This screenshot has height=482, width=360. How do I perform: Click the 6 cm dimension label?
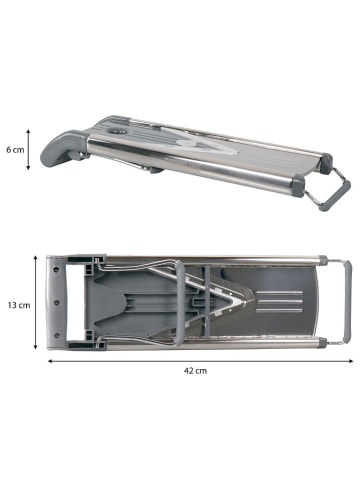[15, 150]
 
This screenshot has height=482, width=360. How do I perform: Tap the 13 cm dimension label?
[19, 305]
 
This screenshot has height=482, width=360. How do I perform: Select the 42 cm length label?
[195, 371]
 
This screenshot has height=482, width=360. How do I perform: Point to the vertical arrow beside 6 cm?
[28, 150]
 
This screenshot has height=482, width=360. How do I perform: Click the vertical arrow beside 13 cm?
[36, 303]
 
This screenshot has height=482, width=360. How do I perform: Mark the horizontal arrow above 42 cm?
[201, 361]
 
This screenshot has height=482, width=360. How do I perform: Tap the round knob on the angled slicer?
[117, 132]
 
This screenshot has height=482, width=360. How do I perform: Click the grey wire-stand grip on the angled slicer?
[335, 196]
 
